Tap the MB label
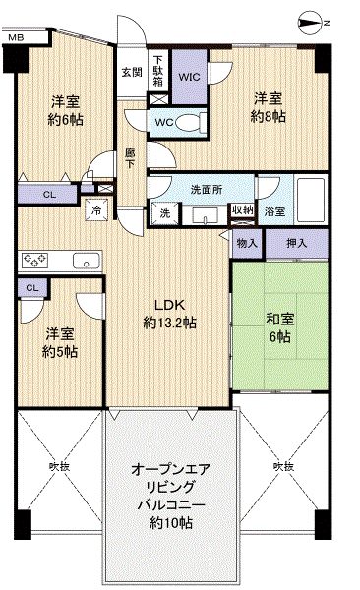click(16, 37)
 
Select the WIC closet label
click(190, 77)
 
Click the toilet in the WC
click(191, 122)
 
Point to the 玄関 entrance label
click(132, 72)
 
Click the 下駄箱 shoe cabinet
click(158, 71)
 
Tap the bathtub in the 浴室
click(311, 201)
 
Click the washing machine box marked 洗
click(165, 213)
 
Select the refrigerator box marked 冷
click(96, 210)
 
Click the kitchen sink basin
click(87, 261)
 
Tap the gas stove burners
click(35, 260)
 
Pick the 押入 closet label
click(297, 244)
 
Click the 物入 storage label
click(247, 244)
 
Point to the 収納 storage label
click(243, 210)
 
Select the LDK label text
click(169, 305)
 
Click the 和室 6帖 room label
click(279, 327)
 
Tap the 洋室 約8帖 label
click(268, 107)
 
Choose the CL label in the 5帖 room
click(32, 288)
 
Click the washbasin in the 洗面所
click(205, 216)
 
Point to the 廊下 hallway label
click(130, 158)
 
